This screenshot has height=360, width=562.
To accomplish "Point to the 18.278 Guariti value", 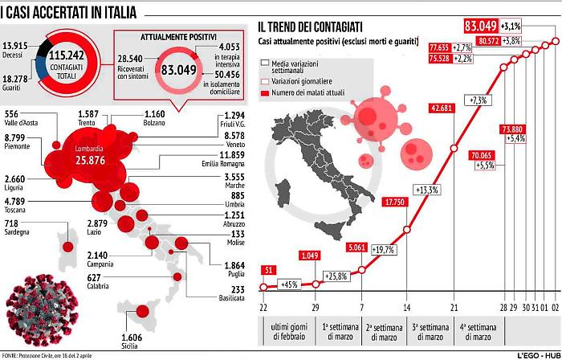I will pos(16,75).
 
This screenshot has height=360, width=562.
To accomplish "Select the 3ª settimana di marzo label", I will pos(431,331).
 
